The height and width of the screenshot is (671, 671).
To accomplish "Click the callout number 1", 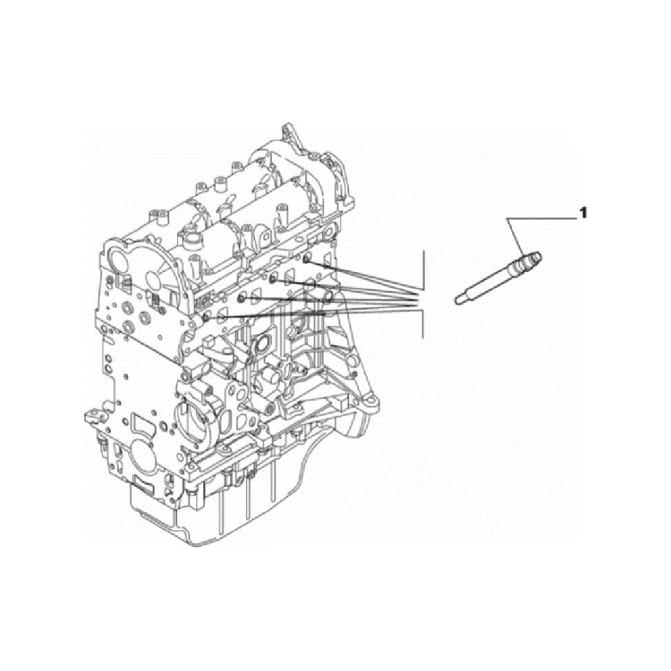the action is coord(582,213).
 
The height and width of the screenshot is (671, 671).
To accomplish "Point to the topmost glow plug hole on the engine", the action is coord(306,260).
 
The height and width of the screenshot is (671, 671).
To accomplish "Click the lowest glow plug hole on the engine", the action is coord(207,317).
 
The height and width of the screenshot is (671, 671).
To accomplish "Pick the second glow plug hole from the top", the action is coord(273,280).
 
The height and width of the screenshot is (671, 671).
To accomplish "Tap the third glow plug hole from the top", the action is coord(242,298).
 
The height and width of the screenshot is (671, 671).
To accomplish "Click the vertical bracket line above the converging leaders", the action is coord(423,270).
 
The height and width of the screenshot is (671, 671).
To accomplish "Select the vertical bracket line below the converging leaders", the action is coord(423,324).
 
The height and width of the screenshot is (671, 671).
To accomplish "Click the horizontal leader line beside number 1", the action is coord(541,218).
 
